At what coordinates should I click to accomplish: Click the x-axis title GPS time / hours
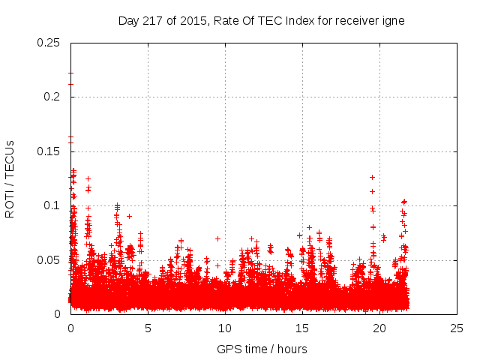[x=262, y=349]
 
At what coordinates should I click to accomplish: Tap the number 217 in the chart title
[x=154, y=20]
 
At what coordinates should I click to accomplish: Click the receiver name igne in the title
[x=393, y=20]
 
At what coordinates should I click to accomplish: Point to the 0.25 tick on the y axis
[x=49, y=42]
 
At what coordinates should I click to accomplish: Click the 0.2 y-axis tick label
[x=52, y=97]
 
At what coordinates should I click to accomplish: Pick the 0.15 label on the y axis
[x=49, y=151]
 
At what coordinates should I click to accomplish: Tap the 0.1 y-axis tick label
[x=52, y=205]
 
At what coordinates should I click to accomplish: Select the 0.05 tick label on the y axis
[x=49, y=260]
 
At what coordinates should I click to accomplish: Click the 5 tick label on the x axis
[x=148, y=328]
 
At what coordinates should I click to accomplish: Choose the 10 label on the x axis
[x=225, y=328]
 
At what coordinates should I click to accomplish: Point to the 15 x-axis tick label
[x=302, y=328]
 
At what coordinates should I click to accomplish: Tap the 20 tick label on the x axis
[x=379, y=328]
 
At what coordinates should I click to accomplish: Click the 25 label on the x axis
[x=457, y=328]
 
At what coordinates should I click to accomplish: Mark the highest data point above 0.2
[x=70, y=73]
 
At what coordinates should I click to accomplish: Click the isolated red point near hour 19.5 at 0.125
[x=372, y=177]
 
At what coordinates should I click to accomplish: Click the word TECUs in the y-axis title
[x=10, y=158]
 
